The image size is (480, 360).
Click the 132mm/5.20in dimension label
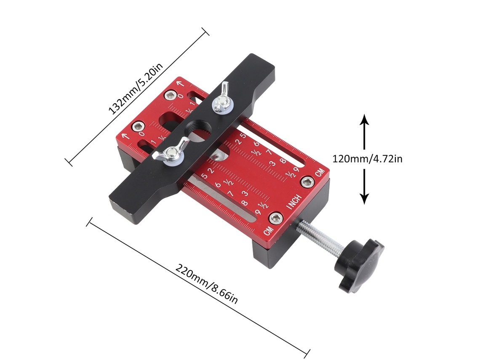click(x=136, y=89)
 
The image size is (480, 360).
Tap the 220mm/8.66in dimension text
click(x=206, y=283)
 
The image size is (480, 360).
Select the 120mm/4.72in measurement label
click(x=367, y=159)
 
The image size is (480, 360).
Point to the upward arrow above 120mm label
click(x=364, y=132)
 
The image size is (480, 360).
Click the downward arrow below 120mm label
click(x=364, y=187)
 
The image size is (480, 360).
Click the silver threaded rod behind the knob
click(x=320, y=237)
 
